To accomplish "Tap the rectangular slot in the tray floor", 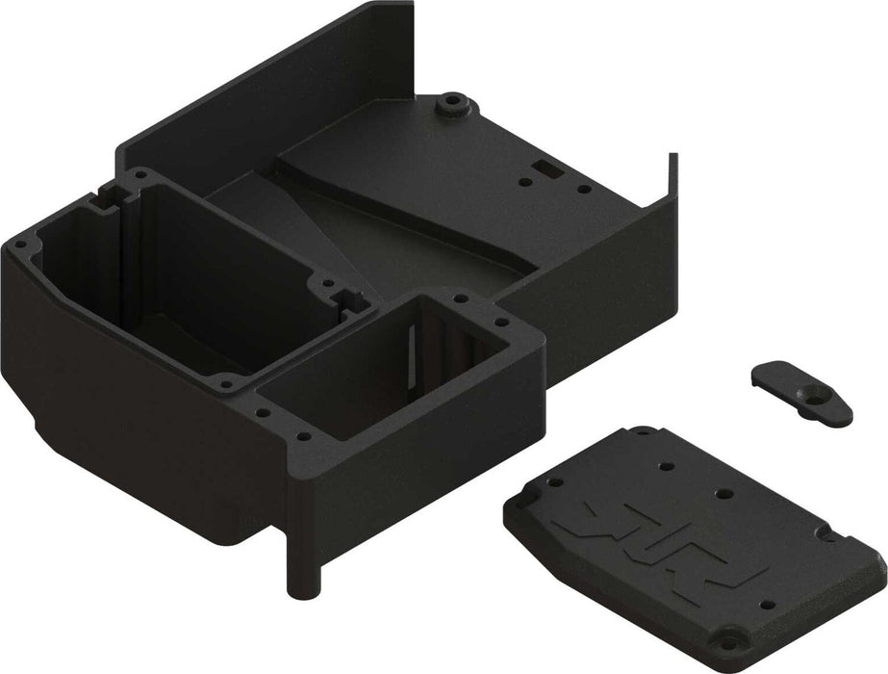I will [545, 166].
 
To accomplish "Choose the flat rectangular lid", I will [693, 539].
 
